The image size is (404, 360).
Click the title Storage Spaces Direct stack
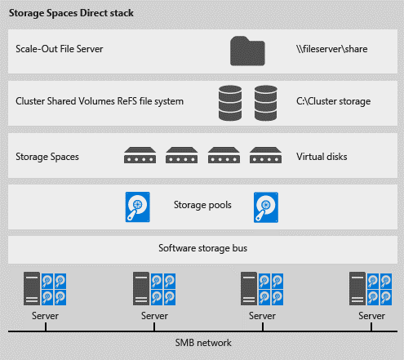coord(71,13)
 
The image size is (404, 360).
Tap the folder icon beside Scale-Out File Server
coord(247,51)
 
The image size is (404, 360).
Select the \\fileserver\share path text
coord(332,49)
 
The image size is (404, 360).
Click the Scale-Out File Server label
coord(60,49)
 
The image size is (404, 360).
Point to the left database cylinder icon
coord(230,103)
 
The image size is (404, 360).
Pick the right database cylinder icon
coord(266,103)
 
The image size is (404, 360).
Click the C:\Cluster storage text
coord(333,101)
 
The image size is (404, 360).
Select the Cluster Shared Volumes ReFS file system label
coord(100,101)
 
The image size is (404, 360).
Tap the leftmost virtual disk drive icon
coord(140,155)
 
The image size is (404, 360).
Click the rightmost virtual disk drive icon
coord(265,155)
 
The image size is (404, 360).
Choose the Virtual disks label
coord(322,157)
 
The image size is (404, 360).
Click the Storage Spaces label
coord(47,157)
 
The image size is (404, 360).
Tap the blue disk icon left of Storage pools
coord(138,207)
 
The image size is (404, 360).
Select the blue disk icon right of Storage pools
coord(266,207)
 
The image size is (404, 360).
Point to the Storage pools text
coord(202,205)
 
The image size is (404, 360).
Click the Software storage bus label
coord(203,248)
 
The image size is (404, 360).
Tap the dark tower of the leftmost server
coord(32,288)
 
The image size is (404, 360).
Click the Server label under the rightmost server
coord(371,316)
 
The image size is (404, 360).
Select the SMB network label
coord(203,343)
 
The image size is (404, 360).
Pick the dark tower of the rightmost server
coord(357,288)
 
